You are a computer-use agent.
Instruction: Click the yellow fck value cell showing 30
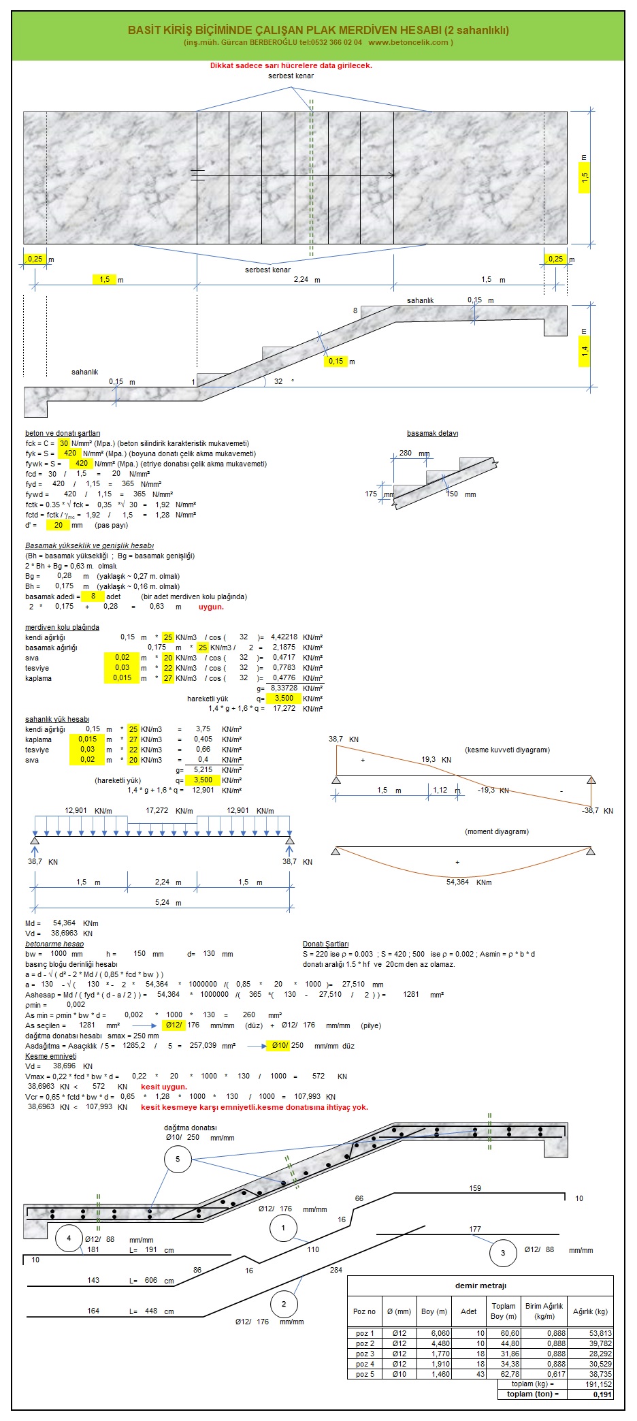click(x=64, y=443)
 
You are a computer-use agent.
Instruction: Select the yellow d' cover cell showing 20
click(x=59, y=525)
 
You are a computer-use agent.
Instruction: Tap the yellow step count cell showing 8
click(x=93, y=596)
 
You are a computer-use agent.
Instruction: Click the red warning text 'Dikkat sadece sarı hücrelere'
click(x=291, y=65)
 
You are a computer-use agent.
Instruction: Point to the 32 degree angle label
click(x=278, y=381)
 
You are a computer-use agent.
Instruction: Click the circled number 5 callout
click(x=178, y=1159)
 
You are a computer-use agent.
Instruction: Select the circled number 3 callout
click(x=503, y=1253)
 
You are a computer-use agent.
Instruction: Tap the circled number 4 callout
click(x=69, y=1238)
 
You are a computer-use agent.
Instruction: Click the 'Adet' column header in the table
click(x=469, y=1311)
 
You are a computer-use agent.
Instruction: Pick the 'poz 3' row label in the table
click(x=365, y=1354)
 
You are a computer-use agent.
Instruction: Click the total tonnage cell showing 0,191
click(x=602, y=1394)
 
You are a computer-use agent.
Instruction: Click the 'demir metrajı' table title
click(x=480, y=1286)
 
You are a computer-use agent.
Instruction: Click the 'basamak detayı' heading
click(x=432, y=433)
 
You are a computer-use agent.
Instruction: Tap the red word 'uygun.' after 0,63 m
click(x=211, y=607)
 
